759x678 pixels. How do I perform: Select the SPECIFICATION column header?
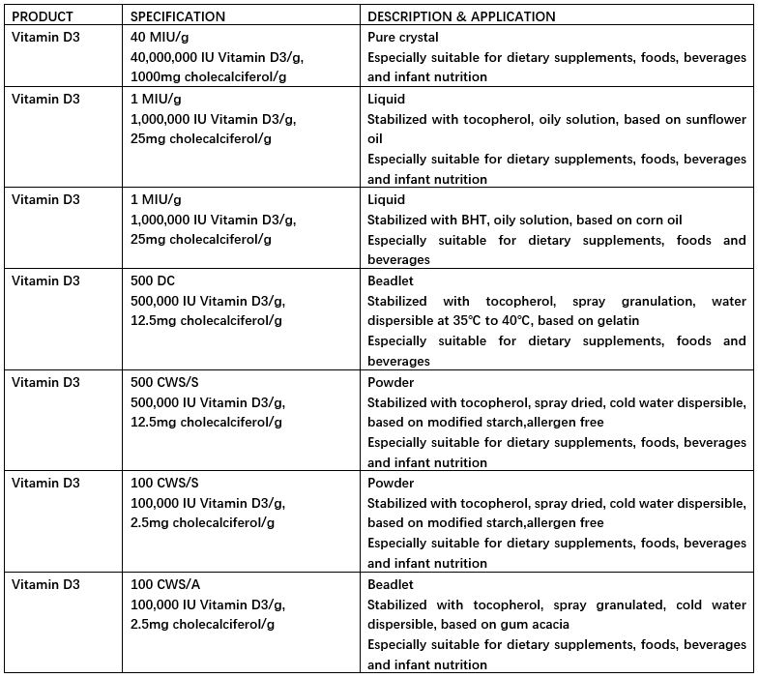tap(178, 16)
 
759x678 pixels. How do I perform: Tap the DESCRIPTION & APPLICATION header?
tap(461, 16)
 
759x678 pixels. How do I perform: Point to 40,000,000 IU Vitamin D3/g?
tap(214, 58)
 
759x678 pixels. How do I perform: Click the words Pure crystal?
tap(403, 38)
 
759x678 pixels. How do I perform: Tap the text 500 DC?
tap(154, 280)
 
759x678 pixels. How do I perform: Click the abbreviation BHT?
tap(478, 220)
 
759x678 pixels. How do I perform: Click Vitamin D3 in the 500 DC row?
tap(45, 280)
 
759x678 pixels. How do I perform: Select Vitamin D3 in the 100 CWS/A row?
tap(45, 584)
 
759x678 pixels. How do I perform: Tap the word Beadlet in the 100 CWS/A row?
tap(391, 584)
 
